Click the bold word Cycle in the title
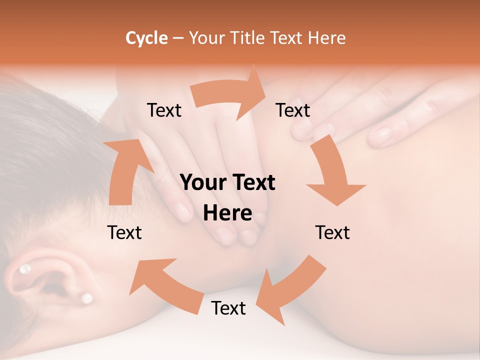[x=146, y=38]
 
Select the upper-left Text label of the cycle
[x=164, y=110]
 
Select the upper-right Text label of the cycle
[x=293, y=110]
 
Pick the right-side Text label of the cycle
[x=332, y=232]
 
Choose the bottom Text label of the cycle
[x=228, y=308]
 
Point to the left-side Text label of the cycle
[x=125, y=232]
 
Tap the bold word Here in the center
[x=227, y=213]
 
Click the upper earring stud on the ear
[x=24, y=270]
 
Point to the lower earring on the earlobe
[x=86, y=298]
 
